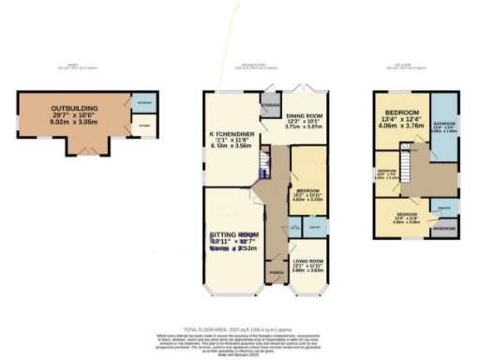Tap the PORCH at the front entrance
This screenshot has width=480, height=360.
(276, 273)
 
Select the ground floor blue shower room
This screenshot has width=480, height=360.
(316, 228)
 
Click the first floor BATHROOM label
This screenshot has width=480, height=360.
(445, 124)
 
